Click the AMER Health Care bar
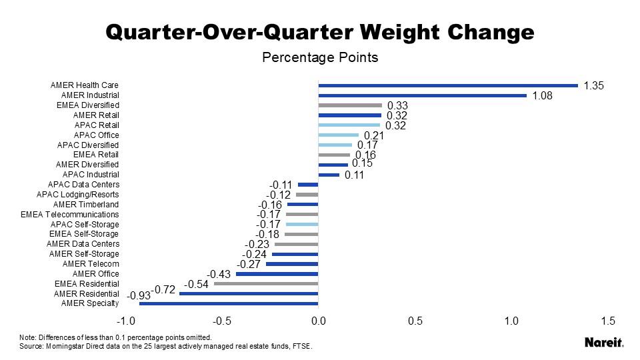click(x=448, y=85)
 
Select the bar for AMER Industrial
click(x=422, y=95)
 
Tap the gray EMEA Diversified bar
click(x=350, y=105)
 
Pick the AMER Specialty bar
click(x=229, y=304)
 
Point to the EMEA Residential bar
click(x=266, y=284)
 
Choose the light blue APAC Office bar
click(x=339, y=135)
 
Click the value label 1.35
click(x=593, y=86)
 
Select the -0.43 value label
click(x=219, y=274)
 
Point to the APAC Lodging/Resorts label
click(x=77, y=195)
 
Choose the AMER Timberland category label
click(x=86, y=205)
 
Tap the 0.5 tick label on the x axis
click(x=415, y=321)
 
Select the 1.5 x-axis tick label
click(x=608, y=321)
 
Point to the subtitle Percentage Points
click(x=320, y=57)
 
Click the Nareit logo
click(x=604, y=343)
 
